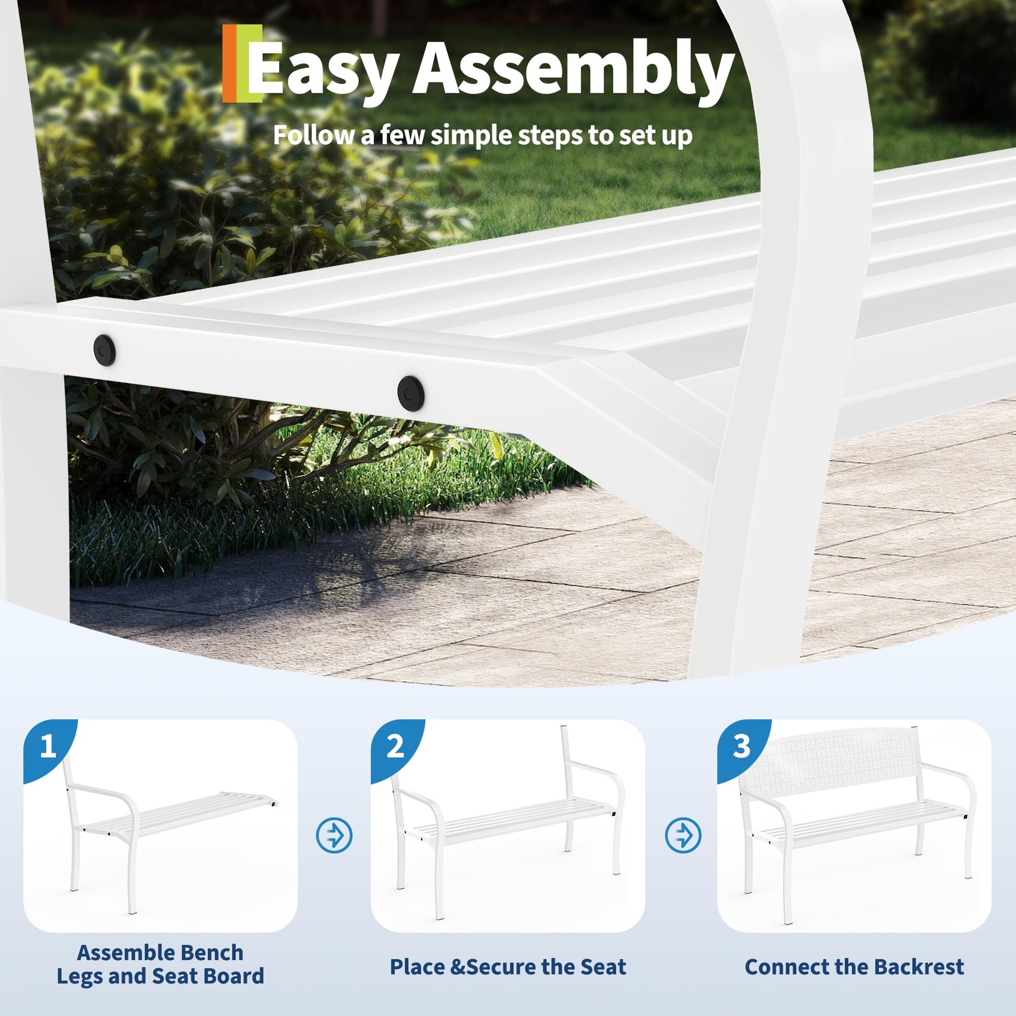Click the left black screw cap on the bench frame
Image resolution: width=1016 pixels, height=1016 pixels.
pos(104,349)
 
